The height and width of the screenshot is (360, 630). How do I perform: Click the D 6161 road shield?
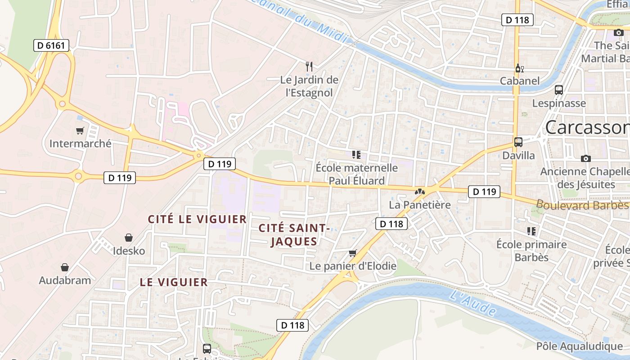tap(51, 45)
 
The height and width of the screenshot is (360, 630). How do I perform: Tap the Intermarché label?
tap(80, 144)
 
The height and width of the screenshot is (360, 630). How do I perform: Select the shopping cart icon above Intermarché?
tap(80, 131)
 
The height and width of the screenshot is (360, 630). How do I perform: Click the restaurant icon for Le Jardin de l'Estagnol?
tap(309, 67)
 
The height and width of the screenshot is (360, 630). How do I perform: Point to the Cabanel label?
tap(520, 81)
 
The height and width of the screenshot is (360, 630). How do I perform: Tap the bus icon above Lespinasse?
tap(559, 90)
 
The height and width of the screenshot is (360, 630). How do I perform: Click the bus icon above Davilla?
tap(518, 142)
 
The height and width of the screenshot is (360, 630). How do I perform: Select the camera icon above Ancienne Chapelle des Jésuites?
tap(585, 158)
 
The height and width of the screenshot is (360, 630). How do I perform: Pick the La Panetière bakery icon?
tap(419, 192)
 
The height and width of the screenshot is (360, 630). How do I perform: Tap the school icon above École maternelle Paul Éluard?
tap(356, 155)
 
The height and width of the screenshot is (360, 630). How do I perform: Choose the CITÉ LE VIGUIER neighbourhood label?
tap(198, 220)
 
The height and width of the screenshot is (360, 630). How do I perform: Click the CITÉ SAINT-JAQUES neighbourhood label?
tap(294, 235)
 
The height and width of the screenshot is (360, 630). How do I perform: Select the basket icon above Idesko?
tap(129, 238)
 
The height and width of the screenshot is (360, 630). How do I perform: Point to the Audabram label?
tap(65, 280)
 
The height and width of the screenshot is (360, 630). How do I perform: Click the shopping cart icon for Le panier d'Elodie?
tap(353, 253)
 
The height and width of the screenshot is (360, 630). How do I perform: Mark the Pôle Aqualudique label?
tap(579, 346)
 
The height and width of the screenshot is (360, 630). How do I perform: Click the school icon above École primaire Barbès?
tap(531, 231)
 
